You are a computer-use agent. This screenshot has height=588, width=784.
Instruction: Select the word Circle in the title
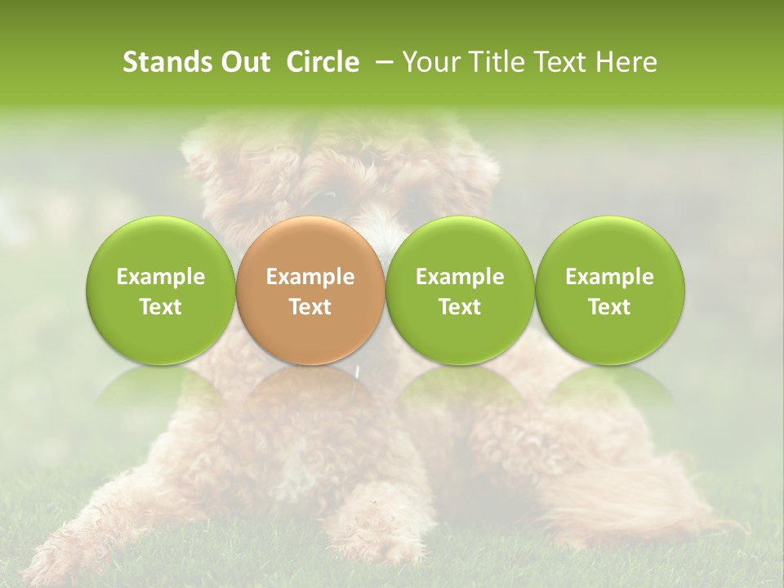pos(323,62)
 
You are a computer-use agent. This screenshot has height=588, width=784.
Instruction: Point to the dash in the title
pos(381,62)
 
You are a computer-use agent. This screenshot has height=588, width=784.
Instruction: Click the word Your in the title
pos(428,62)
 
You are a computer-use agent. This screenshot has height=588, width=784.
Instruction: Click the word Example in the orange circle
pos(310,277)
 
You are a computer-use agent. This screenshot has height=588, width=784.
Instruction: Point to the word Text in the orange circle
pos(310,307)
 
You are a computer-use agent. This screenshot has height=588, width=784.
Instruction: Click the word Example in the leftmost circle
pos(160,277)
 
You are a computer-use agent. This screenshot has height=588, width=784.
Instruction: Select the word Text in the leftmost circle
pos(160,307)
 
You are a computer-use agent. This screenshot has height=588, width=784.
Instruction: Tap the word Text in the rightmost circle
pos(609,307)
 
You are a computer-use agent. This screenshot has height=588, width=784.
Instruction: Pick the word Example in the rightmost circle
pos(609,277)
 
